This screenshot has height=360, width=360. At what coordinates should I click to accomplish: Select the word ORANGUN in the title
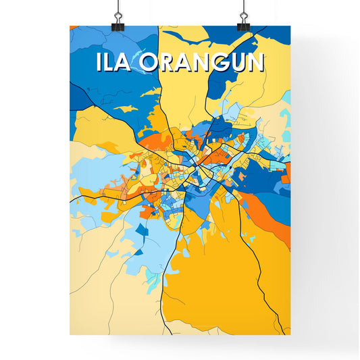[203, 62]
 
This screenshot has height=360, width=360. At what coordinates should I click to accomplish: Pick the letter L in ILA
[111, 62]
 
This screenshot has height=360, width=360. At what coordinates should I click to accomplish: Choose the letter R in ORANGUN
[169, 62]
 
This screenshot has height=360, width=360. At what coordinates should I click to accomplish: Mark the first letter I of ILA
[99, 62]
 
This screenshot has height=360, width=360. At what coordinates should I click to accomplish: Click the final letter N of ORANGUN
[255, 62]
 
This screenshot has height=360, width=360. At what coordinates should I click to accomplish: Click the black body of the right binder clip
[242, 26]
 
